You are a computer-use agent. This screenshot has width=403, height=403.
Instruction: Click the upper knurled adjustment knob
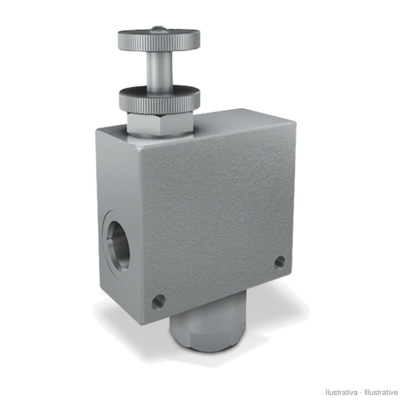[159, 40]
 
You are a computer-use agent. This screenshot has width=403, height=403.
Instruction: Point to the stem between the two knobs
[159, 71]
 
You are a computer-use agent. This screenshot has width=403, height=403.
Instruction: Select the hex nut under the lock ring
[160, 124]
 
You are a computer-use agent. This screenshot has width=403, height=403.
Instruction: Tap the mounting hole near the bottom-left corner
[158, 301]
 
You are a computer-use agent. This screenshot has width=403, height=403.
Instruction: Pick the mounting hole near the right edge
[280, 262]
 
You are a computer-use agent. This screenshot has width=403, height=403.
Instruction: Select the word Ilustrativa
[342, 392]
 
